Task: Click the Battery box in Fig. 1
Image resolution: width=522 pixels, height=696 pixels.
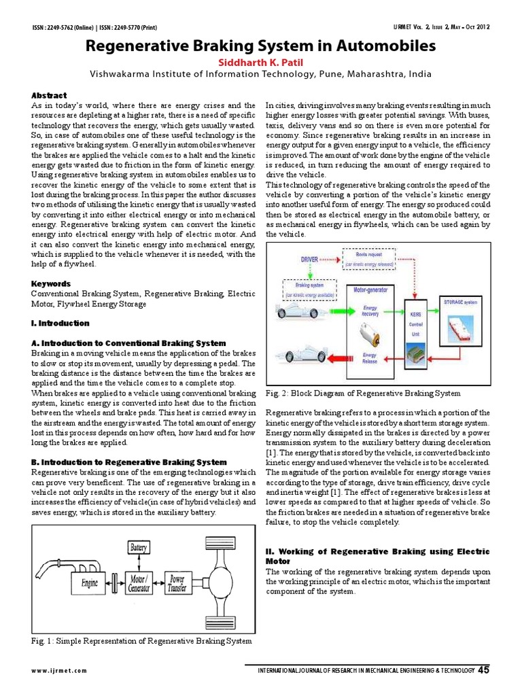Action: [138, 546]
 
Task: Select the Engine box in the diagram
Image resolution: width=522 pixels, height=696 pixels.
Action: [90, 582]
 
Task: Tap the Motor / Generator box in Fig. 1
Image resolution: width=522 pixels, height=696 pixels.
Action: [138, 582]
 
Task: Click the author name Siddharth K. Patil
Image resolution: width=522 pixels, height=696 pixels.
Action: [260, 63]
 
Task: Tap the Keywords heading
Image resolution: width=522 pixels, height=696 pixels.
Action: [51, 283]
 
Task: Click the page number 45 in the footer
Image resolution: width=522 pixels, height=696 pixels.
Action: [484, 670]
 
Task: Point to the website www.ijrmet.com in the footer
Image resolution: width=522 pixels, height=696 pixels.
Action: [59, 671]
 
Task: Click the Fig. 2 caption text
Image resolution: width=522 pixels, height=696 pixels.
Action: [363, 393]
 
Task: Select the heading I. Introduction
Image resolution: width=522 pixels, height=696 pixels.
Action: [60, 323]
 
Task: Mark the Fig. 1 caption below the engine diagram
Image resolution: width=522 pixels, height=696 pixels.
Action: [141, 641]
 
